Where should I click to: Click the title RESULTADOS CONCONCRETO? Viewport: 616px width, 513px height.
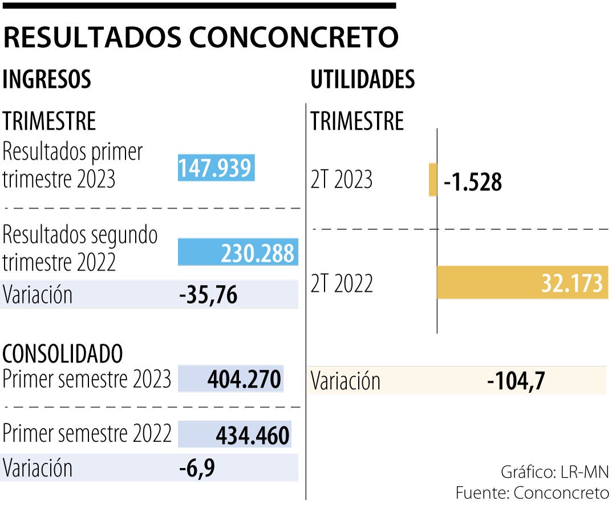(200, 38)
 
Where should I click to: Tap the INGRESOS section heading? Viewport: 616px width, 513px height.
(47, 80)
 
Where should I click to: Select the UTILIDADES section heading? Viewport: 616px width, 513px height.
(362, 80)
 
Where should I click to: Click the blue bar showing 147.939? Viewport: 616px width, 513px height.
(216, 169)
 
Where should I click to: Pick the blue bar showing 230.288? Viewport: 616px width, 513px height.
(238, 253)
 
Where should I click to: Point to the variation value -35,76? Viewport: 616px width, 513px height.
(208, 296)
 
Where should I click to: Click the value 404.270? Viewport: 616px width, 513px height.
(244, 379)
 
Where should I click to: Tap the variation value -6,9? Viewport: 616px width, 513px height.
(197, 469)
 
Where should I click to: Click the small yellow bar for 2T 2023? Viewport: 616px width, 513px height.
(433, 180)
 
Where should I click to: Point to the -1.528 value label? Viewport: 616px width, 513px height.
(473, 182)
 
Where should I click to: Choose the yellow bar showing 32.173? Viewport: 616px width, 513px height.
(522, 283)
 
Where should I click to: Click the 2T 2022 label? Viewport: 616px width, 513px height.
(342, 283)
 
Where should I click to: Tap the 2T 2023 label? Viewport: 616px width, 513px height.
(342, 180)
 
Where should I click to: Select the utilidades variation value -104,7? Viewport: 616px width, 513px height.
(516, 381)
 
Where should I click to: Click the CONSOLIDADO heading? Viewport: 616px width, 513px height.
(63, 354)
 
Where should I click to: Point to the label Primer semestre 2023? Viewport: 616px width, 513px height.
(87, 378)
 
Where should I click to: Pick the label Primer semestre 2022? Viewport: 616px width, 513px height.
(87, 434)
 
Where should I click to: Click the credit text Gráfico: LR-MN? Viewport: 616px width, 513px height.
(554, 472)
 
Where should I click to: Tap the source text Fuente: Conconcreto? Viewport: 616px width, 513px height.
(532, 493)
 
